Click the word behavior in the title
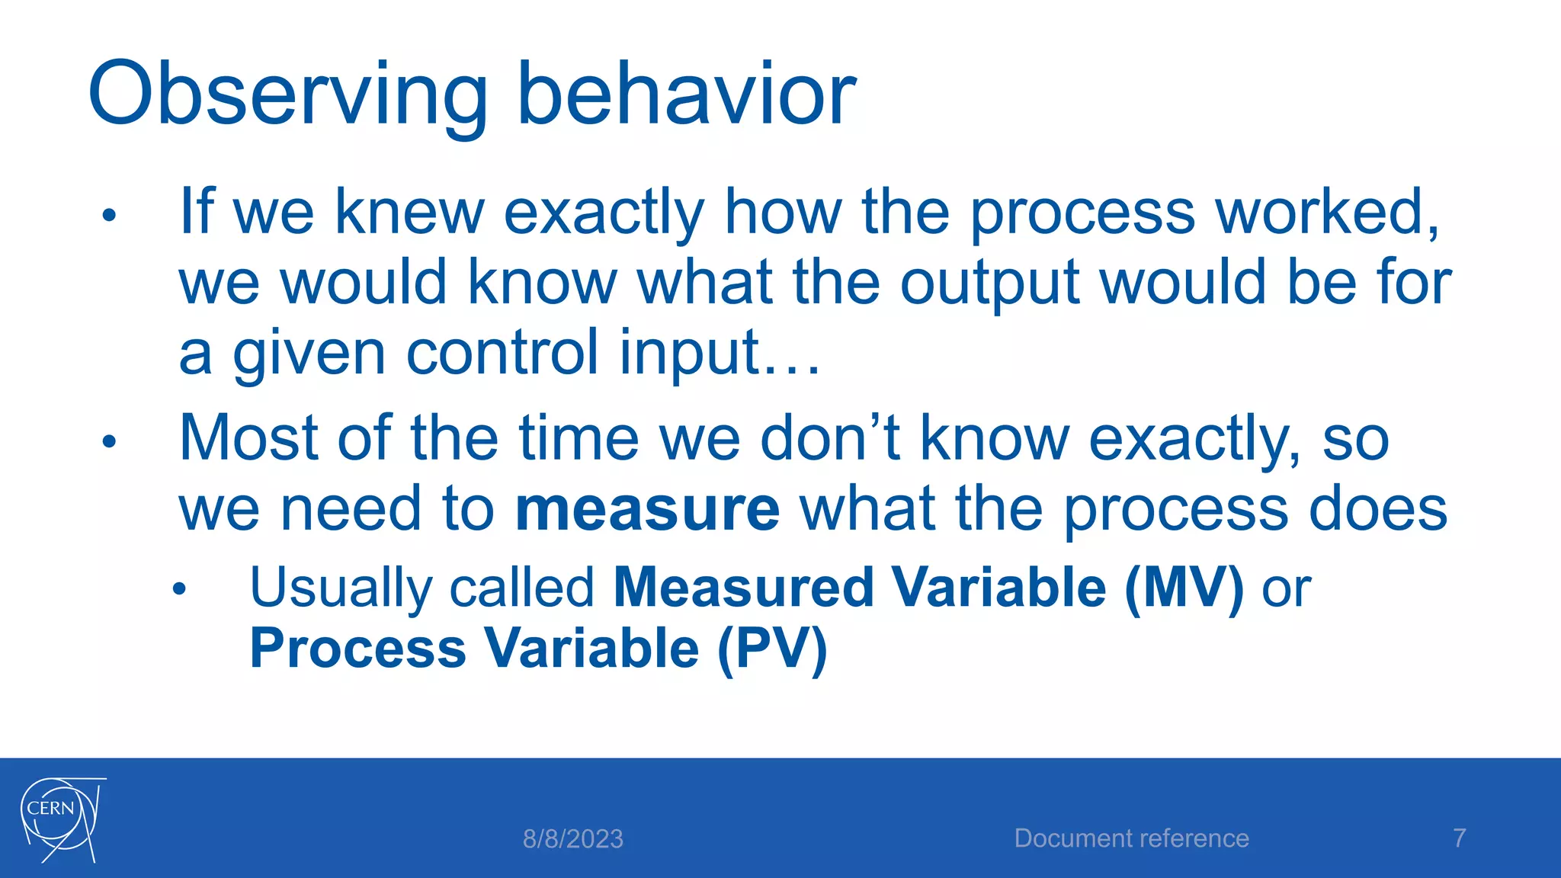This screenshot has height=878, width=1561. pyautogui.click(x=686, y=95)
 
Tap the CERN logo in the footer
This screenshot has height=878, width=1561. pyautogui.click(x=61, y=820)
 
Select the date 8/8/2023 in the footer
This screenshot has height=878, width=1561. pyautogui.click(x=572, y=839)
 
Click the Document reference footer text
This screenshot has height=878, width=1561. pyautogui.click(x=1131, y=838)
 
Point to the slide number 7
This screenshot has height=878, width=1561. pyautogui.click(x=1459, y=838)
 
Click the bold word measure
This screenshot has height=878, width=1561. pyautogui.click(x=647, y=509)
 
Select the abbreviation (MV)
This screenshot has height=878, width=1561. pyautogui.click(x=1184, y=588)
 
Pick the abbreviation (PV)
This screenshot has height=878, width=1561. pyautogui.click(x=771, y=649)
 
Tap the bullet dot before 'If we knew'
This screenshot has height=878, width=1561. pyautogui.click(x=109, y=216)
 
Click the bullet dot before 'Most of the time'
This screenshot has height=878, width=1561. pyautogui.click(x=109, y=441)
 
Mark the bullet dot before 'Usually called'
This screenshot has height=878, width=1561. pyautogui.click(x=179, y=589)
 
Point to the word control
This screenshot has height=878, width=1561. pyautogui.click(x=503, y=353)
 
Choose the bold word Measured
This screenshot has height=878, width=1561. pyautogui.click(x=743, y=588)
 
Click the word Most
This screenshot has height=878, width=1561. pyautogui.click(x=248, y=438)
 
